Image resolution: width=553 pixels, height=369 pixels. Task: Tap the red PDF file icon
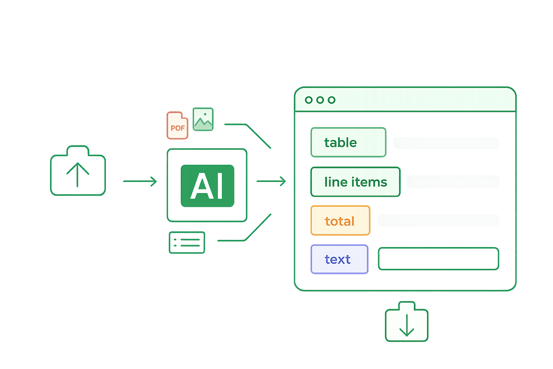point(177,126)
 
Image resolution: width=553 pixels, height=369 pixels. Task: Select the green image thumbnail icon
point(203,119)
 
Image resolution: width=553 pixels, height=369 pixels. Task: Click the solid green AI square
point(207,186)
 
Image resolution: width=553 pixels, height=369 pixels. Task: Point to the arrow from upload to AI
point(140,181)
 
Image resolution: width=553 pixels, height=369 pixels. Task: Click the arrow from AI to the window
point(271,181)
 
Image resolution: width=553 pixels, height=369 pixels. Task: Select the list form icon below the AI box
point(187,242)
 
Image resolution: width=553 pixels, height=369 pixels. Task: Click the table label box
point(348,143)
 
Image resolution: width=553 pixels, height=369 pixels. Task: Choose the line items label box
point(355,182)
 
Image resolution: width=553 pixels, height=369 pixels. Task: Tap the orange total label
point(340,221)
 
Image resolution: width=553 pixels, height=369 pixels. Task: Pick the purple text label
point(339,259)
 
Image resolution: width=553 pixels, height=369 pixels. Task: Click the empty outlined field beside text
point(438,258)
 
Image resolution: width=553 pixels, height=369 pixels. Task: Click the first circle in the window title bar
point(309,100)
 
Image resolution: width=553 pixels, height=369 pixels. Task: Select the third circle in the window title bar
point(332,100)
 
